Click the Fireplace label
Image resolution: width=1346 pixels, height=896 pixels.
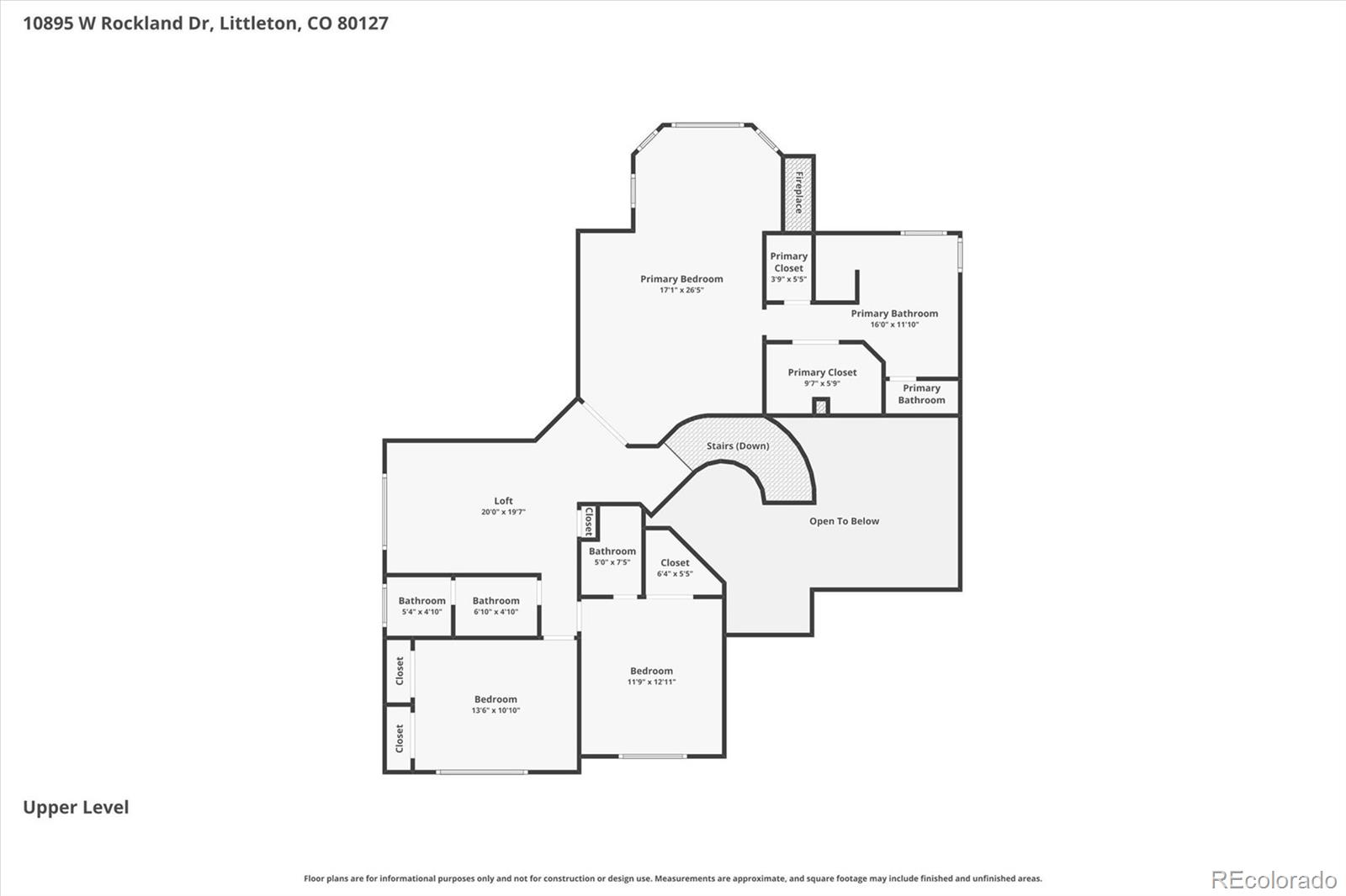click(x=798, y=192)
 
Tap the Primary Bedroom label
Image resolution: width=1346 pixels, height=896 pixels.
click(x=681, y=279)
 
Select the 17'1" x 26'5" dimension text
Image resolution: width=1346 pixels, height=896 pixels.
click(x=681, y=290)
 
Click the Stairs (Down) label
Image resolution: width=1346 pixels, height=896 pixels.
click(x=737, y=445)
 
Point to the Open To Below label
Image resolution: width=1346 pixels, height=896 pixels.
click(x=844, y=521)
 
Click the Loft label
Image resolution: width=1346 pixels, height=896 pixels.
click(x=504, y=501)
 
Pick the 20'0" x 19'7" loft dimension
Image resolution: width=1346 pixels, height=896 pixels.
click(x=504, y=512)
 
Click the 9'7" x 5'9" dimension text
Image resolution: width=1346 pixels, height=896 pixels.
click(x=822, y=384)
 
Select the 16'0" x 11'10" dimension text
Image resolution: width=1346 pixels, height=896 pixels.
click(x=894, y=325)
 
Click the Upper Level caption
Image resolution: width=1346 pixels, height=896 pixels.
click(x=76, y=807)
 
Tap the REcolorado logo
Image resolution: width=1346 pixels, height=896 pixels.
click(x=1274, y=880)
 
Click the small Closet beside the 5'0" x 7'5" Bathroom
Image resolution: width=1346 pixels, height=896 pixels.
click(x=589, y=521)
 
